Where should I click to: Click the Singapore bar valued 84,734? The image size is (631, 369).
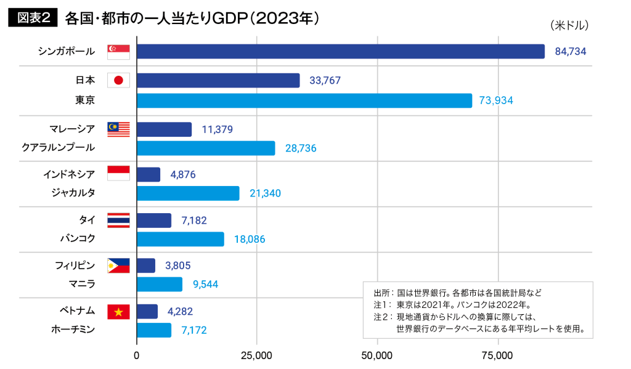pyautogui.click(x=340, y=51)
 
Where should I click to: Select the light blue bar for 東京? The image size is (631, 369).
pyautogui.click(x=304, y=100)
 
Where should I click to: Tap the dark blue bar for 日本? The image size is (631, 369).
pyautogui.click(x=218, y=80)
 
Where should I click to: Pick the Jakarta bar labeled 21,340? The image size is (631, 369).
pyautogui.click(x=187, y=193)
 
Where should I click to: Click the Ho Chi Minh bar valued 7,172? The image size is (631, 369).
pyautogui.click(x=153, y=330)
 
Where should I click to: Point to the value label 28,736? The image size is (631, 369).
pyautogui.click(x=301, y=148)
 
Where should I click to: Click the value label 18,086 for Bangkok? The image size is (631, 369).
pyautogui.click(x=249, y=239)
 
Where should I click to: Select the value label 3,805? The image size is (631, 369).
pyautogui.click(x=178, y=266)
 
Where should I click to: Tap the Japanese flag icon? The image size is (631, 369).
pyautogui.click(x=118, y=80)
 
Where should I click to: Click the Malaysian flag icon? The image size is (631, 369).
pyautogui.click(x=118, y=129)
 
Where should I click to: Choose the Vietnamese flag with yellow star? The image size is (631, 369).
pyautogui.click(x=118, y=312)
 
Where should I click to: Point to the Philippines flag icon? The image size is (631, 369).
pyautogui.click(x=118, y=266)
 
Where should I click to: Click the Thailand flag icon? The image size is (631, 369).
pyautogui.click(x=118, y=220)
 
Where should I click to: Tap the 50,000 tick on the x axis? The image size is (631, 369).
pyautogui.click(x=377, y=355)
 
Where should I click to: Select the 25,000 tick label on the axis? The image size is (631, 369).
pyautogui.click(x=256, y=355)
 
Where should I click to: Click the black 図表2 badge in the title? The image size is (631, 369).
pyautogui.click(x=33, y=18)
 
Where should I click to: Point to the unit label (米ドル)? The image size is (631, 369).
pyautogui.click(x=569, y=25)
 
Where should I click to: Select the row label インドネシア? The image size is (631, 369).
pyautogui.click(x=69, y=174)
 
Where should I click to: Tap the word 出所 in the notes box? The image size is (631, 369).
pyautogui.click(x=382, y=293)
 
